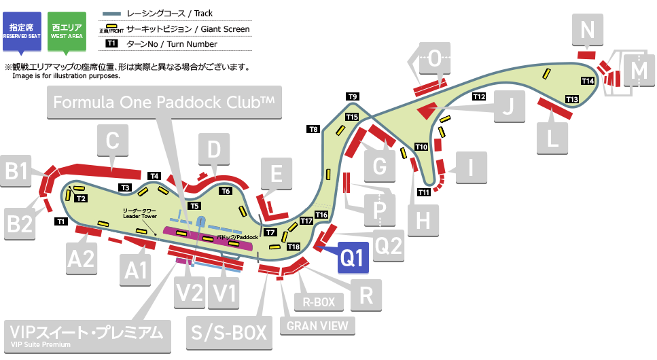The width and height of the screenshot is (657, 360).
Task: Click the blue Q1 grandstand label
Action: click(353, 257)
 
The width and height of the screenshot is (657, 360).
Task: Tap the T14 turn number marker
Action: click(588, 81)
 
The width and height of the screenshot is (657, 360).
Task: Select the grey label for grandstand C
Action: click(113, 142)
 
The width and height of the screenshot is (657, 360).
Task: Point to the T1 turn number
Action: click(60, 221)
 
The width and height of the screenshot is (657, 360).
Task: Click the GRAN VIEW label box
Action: click(317, 325)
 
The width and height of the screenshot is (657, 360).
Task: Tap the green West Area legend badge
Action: click(67, 30)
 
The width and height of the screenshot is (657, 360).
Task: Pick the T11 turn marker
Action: click(424, 192)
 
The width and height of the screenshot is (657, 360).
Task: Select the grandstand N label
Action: click(588, 30)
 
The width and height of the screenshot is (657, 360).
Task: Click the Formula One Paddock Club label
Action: click(164, 103)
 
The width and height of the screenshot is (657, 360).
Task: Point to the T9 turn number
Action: click(353, 96)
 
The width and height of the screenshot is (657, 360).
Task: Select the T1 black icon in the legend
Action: click(112, 44)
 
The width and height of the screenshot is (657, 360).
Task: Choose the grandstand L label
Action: click(552, 139)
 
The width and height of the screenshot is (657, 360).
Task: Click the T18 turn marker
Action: click(294, 246)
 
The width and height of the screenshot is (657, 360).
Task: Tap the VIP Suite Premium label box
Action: click(86, 334)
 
